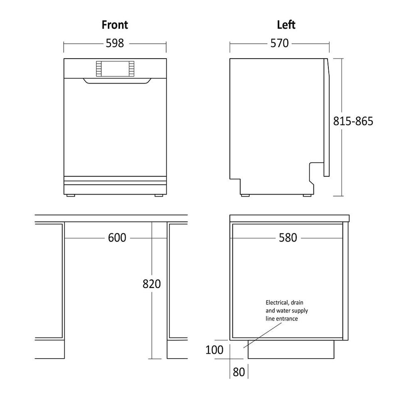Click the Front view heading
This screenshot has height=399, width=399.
coord(115,25)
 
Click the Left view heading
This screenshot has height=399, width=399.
coord(286,25)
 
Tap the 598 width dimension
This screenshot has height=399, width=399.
coord(115,43)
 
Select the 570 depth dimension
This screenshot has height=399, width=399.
coord(279,43)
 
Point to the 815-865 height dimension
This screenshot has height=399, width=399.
coord(353,121)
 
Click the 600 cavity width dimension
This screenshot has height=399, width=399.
coord(117,238)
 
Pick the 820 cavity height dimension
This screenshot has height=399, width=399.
coord(152,284)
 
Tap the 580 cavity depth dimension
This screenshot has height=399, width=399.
coord(288,238)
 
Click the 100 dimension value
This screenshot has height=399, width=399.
coord(214,350)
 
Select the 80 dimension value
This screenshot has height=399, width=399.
coord(239,372)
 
